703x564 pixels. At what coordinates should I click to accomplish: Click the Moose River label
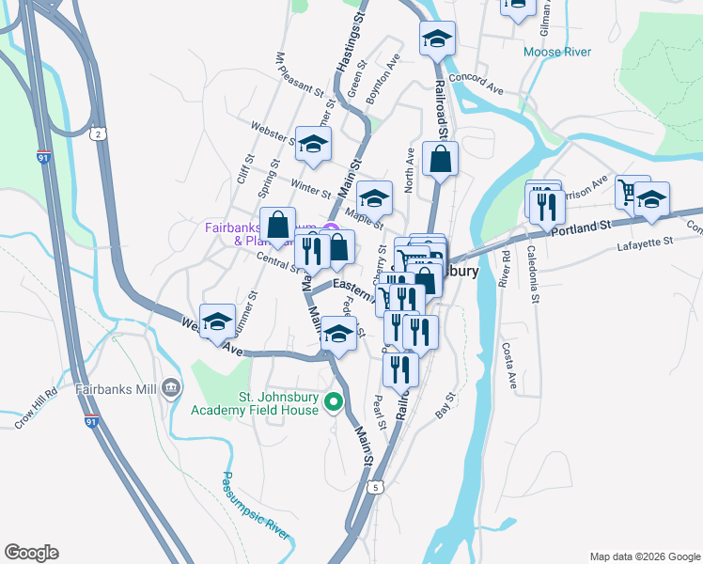point(557,52)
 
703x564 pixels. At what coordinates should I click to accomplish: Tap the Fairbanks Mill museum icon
point(170,387)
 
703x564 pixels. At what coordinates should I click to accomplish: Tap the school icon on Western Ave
point(217,321)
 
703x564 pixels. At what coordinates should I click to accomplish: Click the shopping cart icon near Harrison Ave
point(632,193)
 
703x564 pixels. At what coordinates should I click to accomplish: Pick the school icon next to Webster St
point(314,144)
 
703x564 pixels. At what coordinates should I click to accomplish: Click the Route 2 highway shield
point(99,134)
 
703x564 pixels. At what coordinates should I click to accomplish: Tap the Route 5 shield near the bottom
point(375,487)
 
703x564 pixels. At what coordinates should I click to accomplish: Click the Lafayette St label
point(646,242)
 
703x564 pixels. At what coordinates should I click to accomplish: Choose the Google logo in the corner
point(31,553)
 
